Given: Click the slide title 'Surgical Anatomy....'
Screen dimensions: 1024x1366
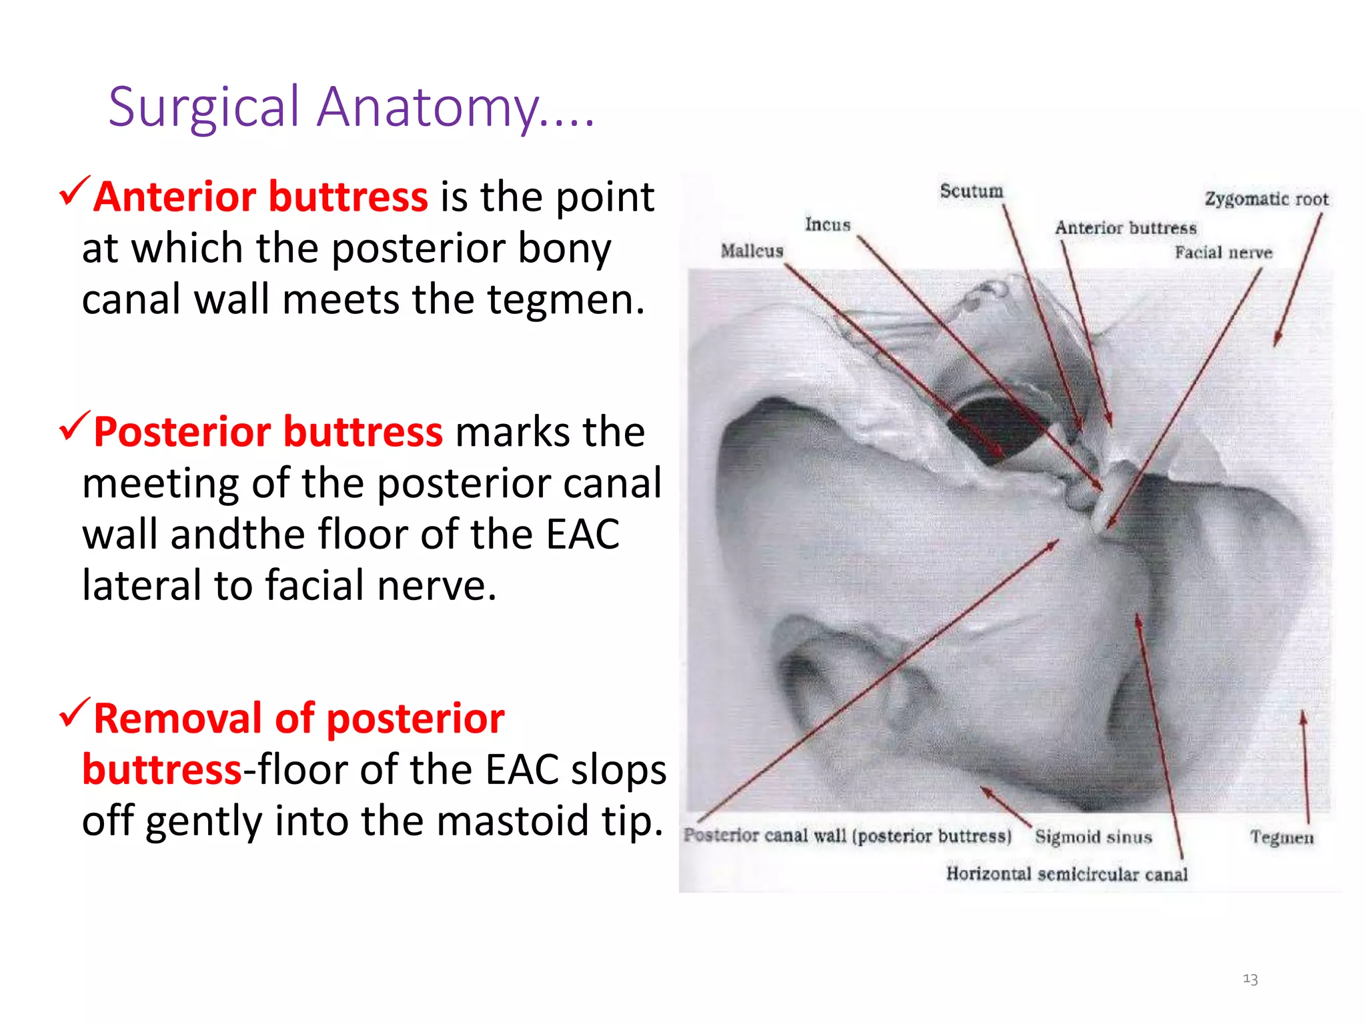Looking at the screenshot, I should (x=351, y=108).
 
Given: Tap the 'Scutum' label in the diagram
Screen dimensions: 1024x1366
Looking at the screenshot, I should (x=971, y=191).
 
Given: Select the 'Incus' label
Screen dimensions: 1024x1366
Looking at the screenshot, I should (x=827, y=225).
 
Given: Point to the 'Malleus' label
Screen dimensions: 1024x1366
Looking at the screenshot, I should (x=752, y=251).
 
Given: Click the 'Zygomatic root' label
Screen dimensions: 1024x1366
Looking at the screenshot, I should (x=1266, y=199).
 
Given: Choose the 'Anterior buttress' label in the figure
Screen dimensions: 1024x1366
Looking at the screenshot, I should (x=1125, y=228).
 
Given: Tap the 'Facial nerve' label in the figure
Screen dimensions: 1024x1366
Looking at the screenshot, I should (x=1223, y=253).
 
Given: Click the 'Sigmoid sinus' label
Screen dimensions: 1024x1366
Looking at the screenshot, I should (x=1093, y=837).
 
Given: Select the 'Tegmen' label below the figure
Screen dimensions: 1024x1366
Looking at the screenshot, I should (x=1281, y=837).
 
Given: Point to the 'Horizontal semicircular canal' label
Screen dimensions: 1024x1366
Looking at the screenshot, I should (x=1067, y=874).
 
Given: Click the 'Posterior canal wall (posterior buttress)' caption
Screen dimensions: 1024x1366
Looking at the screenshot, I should (x=847, y=836).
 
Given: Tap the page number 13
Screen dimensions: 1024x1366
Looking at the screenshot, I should (x=1250, y=979).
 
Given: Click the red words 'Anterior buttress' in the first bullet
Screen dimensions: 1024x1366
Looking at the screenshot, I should (x=260, y=197).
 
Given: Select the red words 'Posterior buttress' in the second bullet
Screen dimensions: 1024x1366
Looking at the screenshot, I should (x=267, y=432).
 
